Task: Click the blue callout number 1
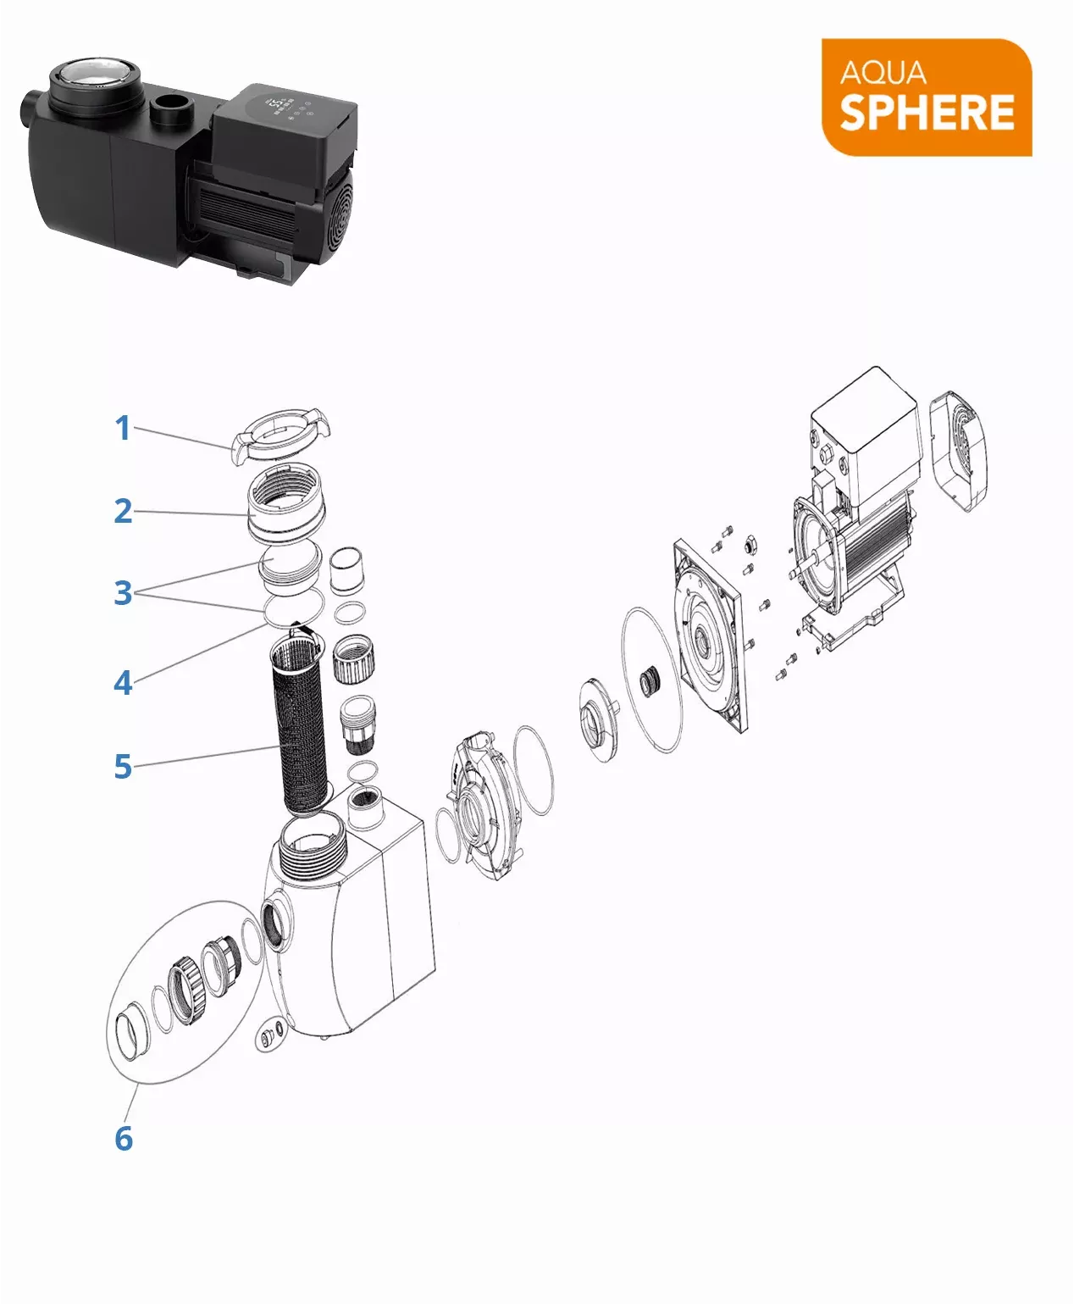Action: pos(123,429)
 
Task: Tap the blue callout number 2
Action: pos(123,511)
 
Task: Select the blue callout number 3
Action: pos(123,592)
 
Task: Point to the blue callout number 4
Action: pos(123,683)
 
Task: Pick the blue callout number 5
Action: pos(123,766)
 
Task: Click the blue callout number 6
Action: pos(124,1138)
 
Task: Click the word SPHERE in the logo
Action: pos(927,113)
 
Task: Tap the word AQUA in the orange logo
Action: pos(883,73)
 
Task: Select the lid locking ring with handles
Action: pos(280,436)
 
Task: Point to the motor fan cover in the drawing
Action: pos(959,451)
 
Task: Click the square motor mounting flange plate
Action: pos(710,635)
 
